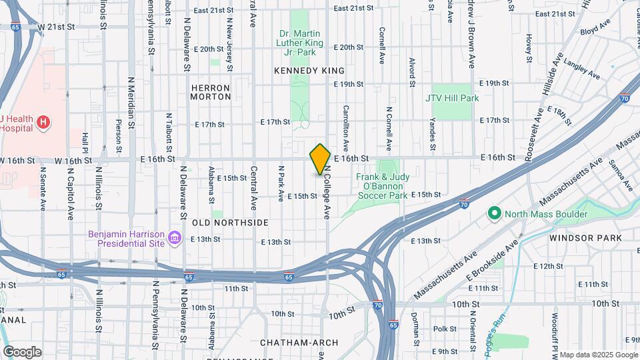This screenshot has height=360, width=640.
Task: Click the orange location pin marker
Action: click(320, 159)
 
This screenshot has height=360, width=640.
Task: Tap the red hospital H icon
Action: click(43, 122)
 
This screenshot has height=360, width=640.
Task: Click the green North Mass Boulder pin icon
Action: click(494, 214)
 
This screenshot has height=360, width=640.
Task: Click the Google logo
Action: click(22, 351)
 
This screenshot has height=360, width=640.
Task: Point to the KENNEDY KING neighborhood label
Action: click(309, 71)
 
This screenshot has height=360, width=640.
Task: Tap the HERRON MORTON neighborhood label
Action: click(210, 92)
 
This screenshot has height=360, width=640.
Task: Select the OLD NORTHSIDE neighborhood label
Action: click(230, 222)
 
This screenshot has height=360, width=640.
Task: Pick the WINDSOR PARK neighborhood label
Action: click(585, 237)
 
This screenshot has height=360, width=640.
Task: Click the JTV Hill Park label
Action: click(452, 98)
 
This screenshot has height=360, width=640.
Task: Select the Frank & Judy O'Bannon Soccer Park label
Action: click(381, 186)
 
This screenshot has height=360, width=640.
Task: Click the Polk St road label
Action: click(444, 329)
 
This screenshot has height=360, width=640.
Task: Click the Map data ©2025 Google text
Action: click(598, 354)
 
